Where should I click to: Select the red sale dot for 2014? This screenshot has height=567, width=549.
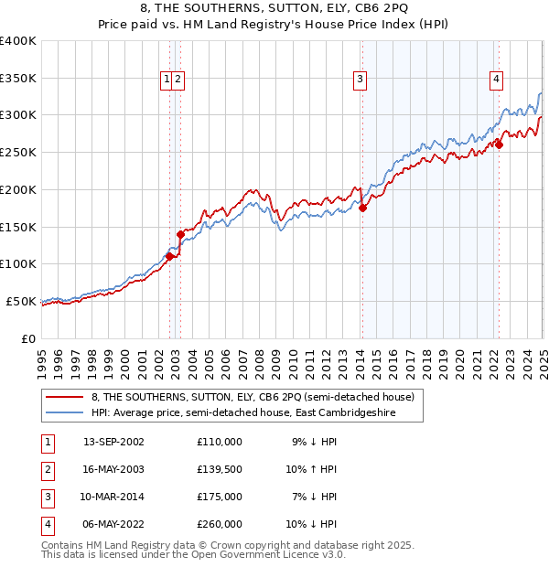[x=362, y=208]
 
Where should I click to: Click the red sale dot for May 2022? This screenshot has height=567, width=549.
[x=500, y=144]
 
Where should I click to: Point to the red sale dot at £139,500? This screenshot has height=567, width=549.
[x=180, y=234]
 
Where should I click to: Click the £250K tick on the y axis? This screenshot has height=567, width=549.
[x=20, y=153]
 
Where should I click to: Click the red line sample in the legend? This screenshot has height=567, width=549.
[x=65, y=397]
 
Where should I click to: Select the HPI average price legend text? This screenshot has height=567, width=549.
[x=255, y=412]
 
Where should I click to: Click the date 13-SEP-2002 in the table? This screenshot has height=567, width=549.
[x=113, y=442]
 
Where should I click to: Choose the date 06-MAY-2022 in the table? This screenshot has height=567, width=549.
[x=113, y=524]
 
